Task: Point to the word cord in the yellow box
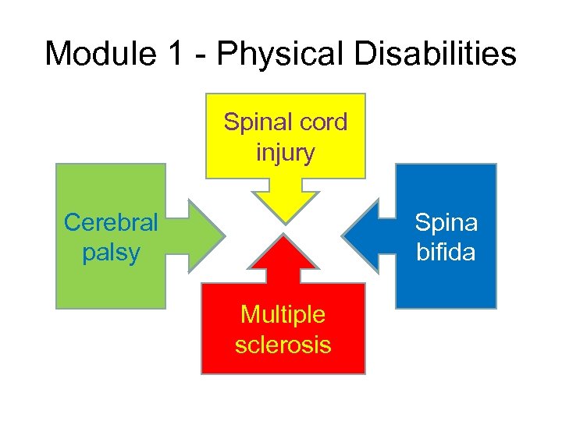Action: pos(322,123)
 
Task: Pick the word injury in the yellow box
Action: pos(285,152)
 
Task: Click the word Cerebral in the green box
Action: pos(110,223)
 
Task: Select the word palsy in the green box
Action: pos(110,252)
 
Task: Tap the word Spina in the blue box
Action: pos(446,223)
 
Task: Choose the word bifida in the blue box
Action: pos(446,252)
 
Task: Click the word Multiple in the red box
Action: pos(283,315)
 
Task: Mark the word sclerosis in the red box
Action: pos(283,344)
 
